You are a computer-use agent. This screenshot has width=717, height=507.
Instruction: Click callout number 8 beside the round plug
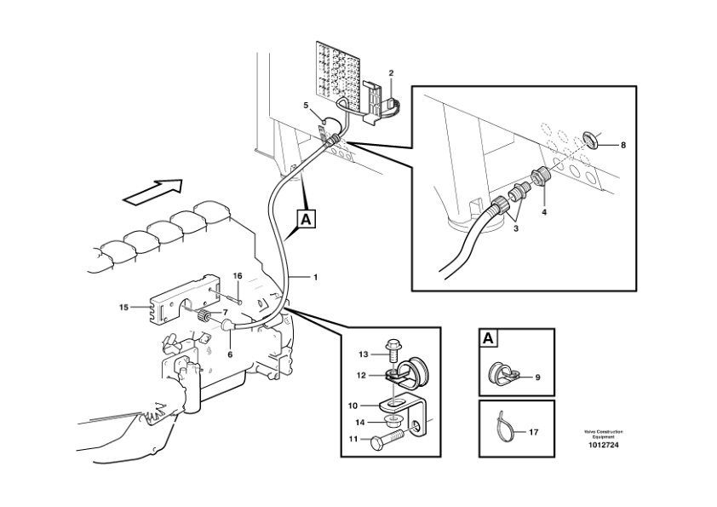[x=622, y=146]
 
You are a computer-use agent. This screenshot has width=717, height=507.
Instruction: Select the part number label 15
[x=124, y=308]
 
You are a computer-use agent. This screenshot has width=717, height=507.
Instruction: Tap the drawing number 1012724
[x=603, y=445]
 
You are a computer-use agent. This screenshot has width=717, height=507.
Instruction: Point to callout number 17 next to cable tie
[x=534, y=432]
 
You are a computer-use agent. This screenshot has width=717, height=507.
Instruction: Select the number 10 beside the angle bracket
[x=353, y=406]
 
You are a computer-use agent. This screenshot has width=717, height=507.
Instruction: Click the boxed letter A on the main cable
[x=306, y=219]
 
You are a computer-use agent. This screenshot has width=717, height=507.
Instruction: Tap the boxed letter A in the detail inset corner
[x=488, y=338]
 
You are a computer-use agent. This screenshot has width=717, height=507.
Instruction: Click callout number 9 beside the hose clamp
[x=538, y=377]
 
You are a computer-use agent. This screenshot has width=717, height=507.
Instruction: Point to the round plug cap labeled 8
[x=590, y=139]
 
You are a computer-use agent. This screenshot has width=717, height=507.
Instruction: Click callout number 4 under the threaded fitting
[x=544, y=212]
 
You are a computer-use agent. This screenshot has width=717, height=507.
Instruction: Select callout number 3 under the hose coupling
[x=516, y=229]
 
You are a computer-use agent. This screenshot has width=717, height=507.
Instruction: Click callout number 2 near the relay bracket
[x=391, y=72]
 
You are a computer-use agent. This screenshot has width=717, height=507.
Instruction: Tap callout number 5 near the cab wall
[x=306, y=106]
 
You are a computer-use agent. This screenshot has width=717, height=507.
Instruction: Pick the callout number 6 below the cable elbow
[x=230, y=354]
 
